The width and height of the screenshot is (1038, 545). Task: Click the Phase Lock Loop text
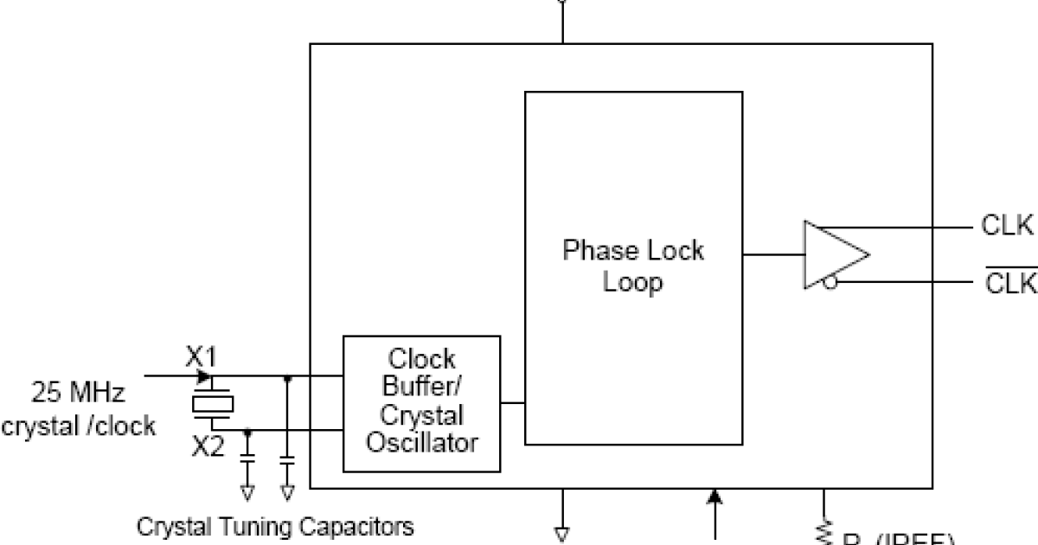click(x=633, y=266)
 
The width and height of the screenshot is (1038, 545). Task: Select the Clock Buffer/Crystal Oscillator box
click(x=422, y=403)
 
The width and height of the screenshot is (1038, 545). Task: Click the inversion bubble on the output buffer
click(x=830, y=282)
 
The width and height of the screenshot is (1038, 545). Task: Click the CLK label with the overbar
click(x=1010, y=284)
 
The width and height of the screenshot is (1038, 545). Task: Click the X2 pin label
click(x=208, y=447)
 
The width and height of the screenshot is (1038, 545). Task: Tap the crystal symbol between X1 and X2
click(x=212, y=402)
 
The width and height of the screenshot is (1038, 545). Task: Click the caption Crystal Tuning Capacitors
click(x=276, y=525)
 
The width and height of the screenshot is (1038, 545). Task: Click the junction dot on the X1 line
click(x=287, y=377)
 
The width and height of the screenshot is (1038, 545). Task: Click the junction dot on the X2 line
click(x=248, y=429)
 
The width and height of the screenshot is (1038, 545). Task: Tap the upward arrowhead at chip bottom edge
click(x=714, y=497)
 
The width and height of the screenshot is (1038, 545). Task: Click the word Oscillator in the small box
click(x=422, y=443)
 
